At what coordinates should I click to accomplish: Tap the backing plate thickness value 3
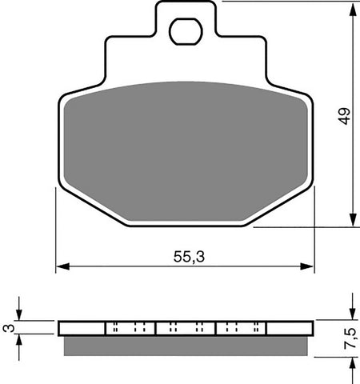pos(6,328)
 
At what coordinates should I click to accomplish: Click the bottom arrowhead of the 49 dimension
pos(352,222)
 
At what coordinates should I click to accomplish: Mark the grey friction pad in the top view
pos(186,148)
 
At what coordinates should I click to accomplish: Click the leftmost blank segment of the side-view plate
pos(82,328)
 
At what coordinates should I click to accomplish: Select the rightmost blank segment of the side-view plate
pos(289,328)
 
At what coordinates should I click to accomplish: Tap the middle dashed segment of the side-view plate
pos(186,328)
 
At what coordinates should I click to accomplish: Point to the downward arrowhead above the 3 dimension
pos(22,317)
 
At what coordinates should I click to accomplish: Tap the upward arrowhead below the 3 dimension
pos(22,339)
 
